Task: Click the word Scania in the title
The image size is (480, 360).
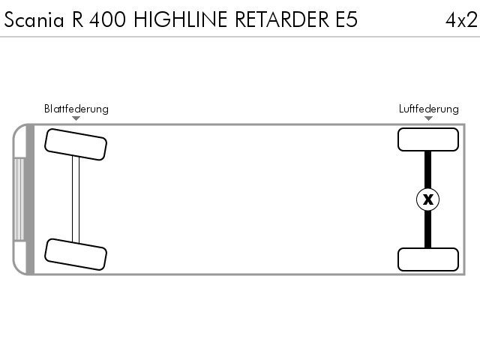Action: [x=34, y=19]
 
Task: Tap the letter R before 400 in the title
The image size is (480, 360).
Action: [x=78, y=19]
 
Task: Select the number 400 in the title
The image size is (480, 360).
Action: [x=107, y=19]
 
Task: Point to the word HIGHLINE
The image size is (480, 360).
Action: [x=181, y=19]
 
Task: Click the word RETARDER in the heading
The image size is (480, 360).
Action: [x=282, y=19]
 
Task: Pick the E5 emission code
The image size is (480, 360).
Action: [x=346, y=19]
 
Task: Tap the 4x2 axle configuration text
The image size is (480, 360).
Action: [x=461, y=20]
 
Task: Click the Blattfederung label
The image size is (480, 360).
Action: [x=76, y=109]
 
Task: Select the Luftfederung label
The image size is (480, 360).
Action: [x=428, y=109]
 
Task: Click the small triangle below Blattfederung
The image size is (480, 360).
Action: [x=76, y=118]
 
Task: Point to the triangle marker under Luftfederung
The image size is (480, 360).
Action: [x=428, y=118]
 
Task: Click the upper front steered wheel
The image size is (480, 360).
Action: [x=76, y=144]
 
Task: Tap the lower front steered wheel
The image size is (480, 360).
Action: [x=76, y=254]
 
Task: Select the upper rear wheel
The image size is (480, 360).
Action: [x=428, y=139]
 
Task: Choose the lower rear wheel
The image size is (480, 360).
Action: [x=428, y=259]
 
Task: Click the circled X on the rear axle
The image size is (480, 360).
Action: [x=428, y=199]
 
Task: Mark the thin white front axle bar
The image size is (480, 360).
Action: [x=76, y=199]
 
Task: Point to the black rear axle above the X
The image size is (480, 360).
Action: [x=428, y=169]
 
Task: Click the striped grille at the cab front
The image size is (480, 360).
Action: [x=19, y=199]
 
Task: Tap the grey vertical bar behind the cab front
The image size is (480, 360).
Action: [x=30, y=199]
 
